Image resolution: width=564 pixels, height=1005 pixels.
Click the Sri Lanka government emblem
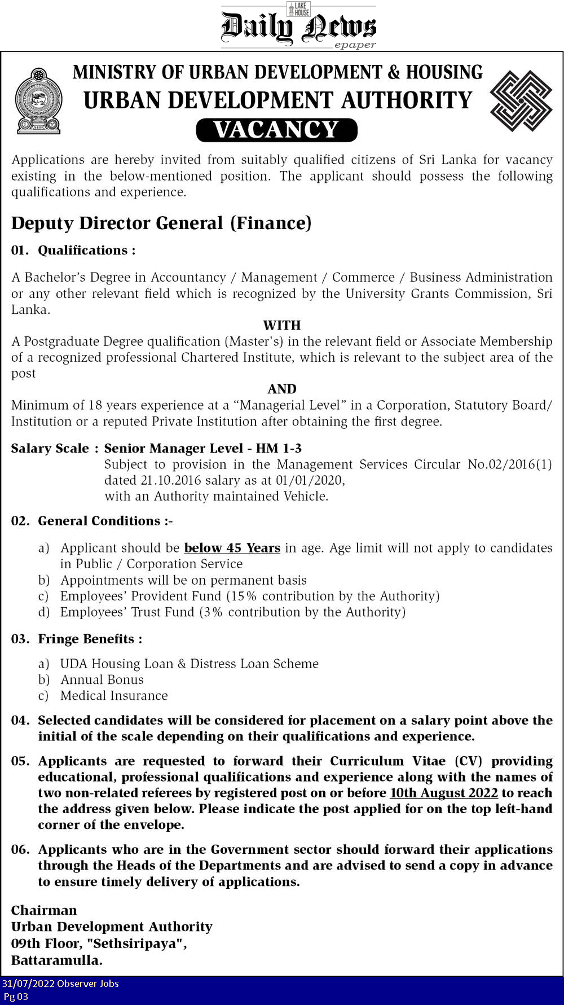coord(38,101)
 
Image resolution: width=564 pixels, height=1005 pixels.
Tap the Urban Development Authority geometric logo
coord(521,101)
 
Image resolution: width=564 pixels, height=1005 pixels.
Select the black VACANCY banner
coord(276,130)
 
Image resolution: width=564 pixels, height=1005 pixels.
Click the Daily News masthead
coord(298,27)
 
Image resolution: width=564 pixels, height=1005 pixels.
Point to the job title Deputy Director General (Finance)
coord(161,223)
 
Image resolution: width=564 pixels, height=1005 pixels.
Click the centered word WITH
coord(282,325)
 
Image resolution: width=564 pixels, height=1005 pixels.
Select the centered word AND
coord(282,389)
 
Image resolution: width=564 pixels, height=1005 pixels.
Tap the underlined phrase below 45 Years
coord(232,548)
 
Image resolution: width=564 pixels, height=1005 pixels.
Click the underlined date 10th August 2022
coord(444,793)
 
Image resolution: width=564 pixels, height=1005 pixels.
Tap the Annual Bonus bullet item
coord(102,679)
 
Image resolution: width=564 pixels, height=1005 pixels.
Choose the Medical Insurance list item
coord(114,696)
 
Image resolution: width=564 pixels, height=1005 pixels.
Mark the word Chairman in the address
coord(44,910)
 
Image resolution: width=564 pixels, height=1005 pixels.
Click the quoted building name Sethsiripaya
coord(136,943)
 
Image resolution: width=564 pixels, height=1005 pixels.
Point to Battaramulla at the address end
coord(56,960)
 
